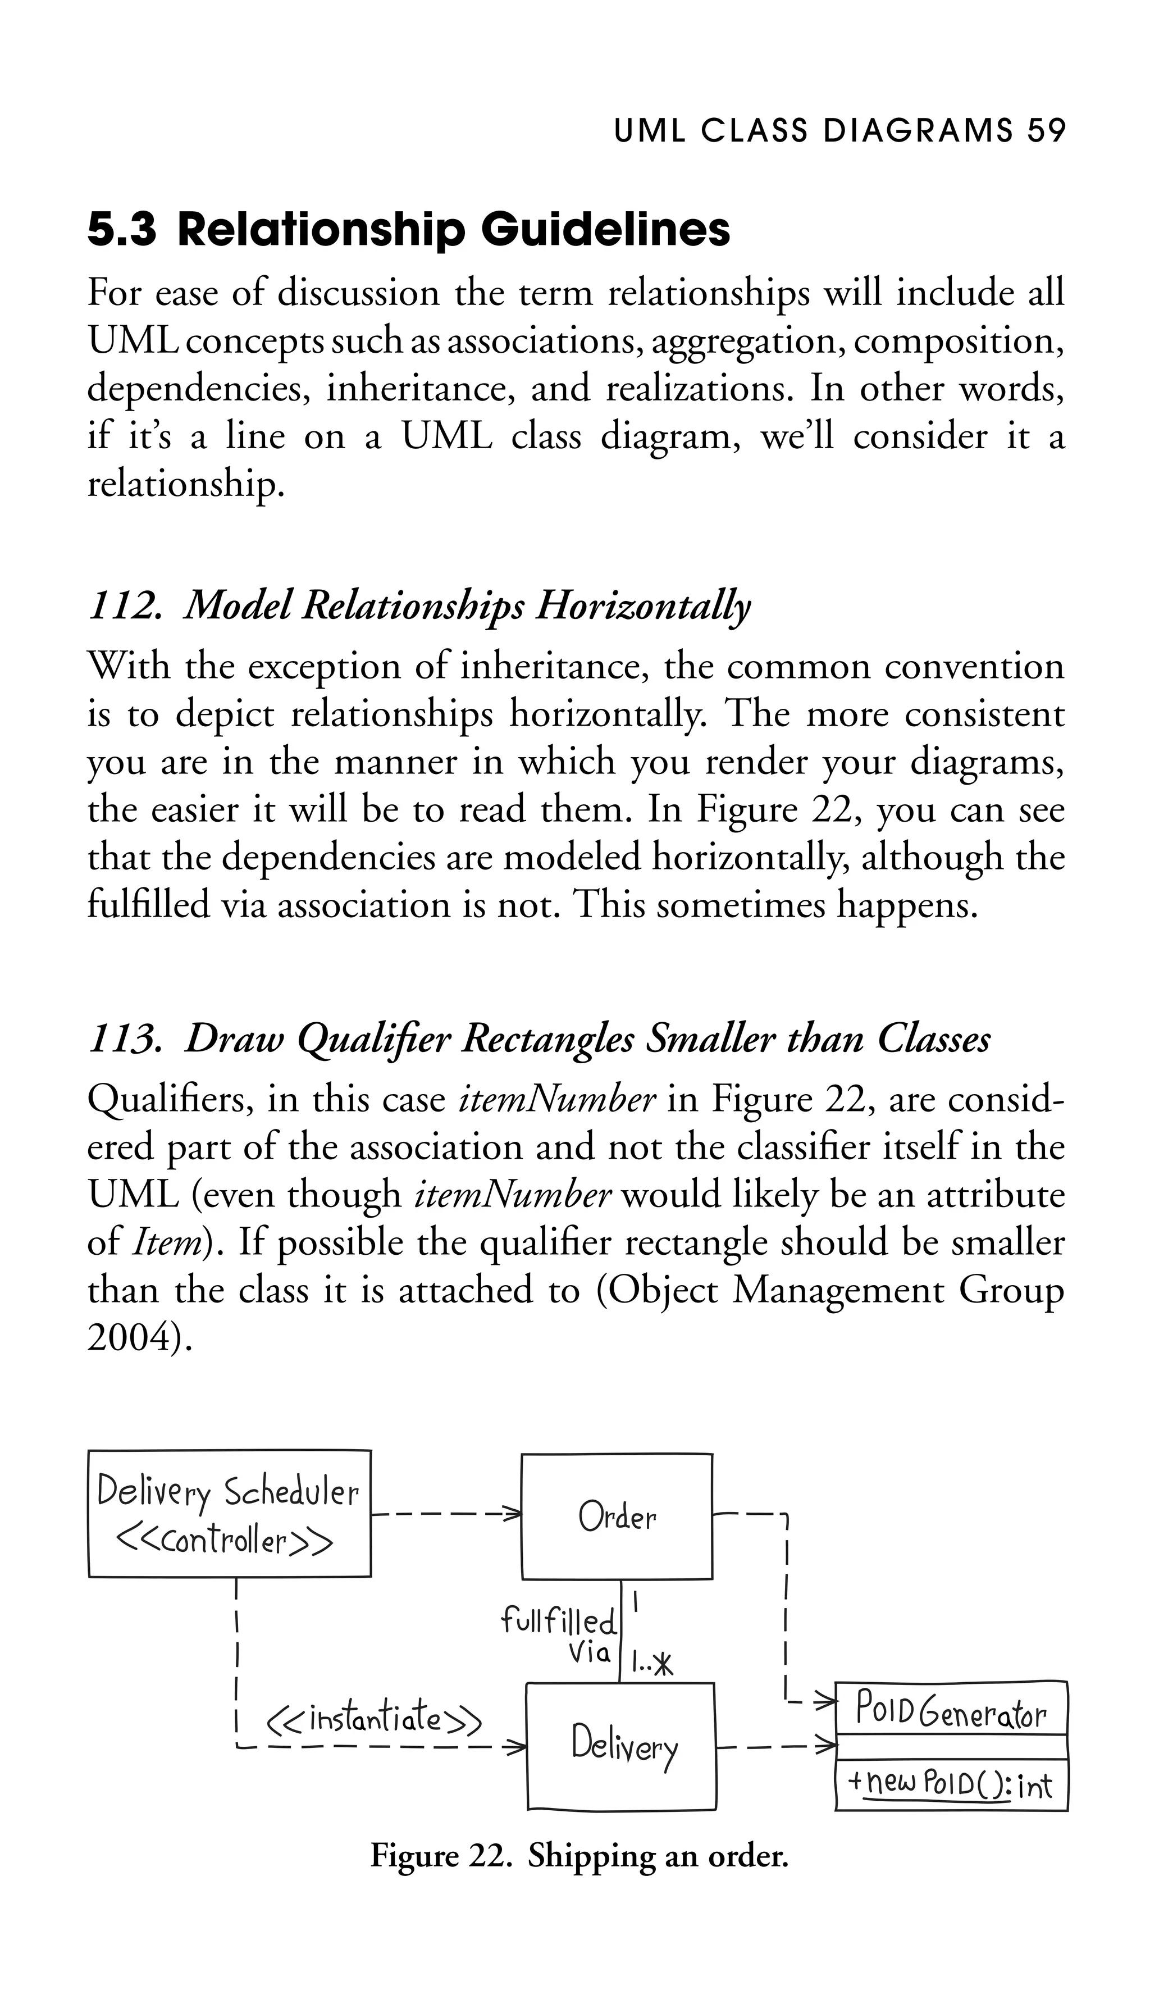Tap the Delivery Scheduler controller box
click(x=229, y=1514)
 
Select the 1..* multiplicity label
click(x=653, y=1665)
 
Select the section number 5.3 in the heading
click(x=122, y=230)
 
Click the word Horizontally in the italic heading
click(x=643, y=606)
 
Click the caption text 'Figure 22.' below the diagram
click(x=439, y=1855)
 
